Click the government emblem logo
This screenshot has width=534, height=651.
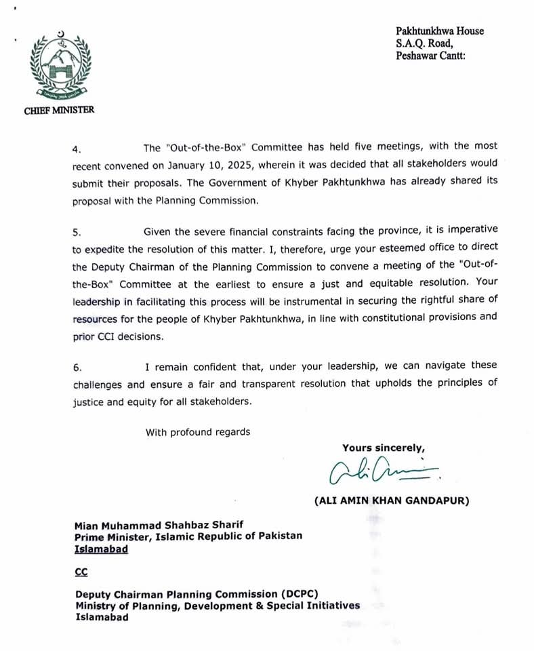pos(60,63)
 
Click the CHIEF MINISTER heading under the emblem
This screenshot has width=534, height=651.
pos(60,111)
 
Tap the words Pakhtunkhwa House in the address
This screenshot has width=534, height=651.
pos(440,31)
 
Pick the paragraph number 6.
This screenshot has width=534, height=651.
pos(77,367)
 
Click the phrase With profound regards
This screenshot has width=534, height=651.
pos(198,432)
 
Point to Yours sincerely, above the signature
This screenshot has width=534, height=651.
pos(384,448)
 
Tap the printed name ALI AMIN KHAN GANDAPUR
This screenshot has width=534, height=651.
pos(392,500)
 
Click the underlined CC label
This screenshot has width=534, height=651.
pos(81,572)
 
